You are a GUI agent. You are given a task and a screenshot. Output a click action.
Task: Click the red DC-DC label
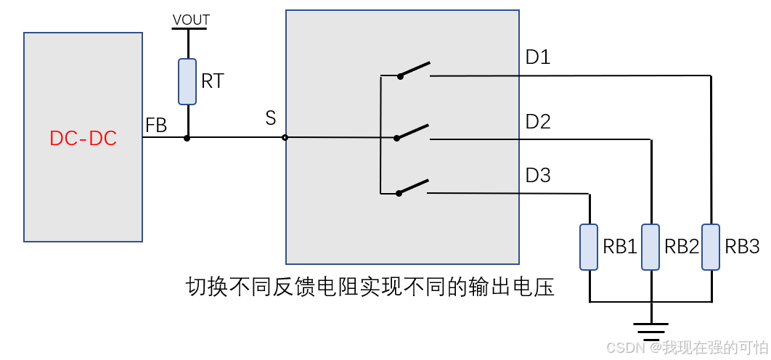(x=83, y=138)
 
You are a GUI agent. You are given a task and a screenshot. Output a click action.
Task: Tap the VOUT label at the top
(x=191, y=20)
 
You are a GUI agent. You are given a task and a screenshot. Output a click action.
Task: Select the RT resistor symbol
(x=187, y=81)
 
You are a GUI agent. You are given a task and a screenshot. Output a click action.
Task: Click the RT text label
(x=213, y=81)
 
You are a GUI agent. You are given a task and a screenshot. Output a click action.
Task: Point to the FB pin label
(x=156, y=126)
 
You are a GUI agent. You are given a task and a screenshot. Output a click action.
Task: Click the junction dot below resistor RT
(x=187, y=137)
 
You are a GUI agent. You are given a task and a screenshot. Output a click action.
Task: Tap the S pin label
(x=271, y=118)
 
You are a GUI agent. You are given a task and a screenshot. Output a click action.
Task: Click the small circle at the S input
(x=285, y=137)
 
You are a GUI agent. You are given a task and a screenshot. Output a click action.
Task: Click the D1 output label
(x=538, y=57)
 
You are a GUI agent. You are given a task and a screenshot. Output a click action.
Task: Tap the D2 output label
(x=538, y=122)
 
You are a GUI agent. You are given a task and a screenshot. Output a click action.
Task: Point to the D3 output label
(x=538, y=176)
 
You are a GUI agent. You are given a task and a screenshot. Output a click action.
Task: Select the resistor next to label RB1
(x=589, y=247)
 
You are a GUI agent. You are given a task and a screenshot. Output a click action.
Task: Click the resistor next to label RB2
(x=650, y=247)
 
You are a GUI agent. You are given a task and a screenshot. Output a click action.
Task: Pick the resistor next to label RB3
(x=711, y=247)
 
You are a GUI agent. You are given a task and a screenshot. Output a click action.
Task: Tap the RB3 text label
(x=742, y=247)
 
